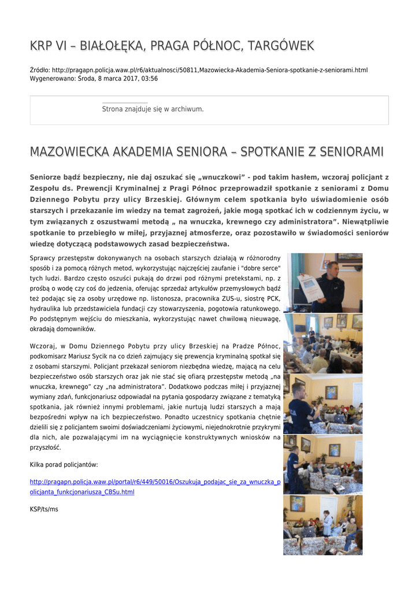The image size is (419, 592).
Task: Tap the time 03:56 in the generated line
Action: point(150,78)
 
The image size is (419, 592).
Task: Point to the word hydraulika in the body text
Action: point(46,308)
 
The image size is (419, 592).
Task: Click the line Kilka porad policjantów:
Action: point(64,464)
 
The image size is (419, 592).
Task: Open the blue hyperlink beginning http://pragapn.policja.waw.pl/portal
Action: point(155,482)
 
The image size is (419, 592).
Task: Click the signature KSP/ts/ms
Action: point(44,509)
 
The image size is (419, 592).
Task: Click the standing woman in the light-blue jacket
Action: point(327,523)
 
